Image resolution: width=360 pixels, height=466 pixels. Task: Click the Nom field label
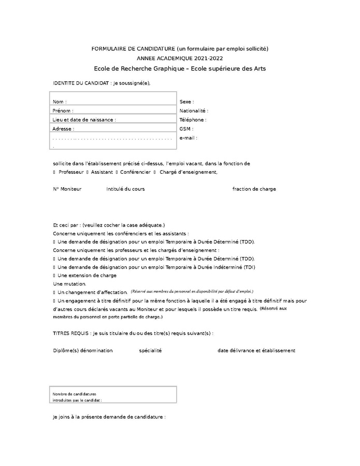pyautogui.click(x=60, y=102)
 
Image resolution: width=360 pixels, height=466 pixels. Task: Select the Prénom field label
pyautogui.click(x=63, y=111)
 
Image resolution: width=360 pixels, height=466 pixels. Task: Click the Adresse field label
pyautogui.click(x=63, y=129)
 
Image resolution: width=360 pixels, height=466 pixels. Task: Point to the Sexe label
pyautogui.click(x=186, y=102)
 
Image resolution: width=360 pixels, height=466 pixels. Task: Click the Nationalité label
pyautogui.click(x=194, y=111)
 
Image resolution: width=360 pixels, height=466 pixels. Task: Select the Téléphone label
pyautogui.click(x=193, y=120)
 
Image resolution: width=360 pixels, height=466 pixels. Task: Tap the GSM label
pyautogui.click(x=186, y=129)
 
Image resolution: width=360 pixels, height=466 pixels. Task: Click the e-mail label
pyautogui.click(x=188, y=138)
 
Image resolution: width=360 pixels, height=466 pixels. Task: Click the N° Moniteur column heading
pyautogui.click(x=67, y=189)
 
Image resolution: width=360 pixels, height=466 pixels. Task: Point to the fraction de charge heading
pyautogui.click(x=254, y=189)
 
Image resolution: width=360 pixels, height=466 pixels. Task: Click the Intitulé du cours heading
pyautogui.click(x=125, y=189)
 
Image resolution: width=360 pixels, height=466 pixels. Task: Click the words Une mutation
pyautogui.click(x=69, y=284)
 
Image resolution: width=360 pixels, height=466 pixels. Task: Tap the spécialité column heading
pyautogui.click(x=150, y=350)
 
